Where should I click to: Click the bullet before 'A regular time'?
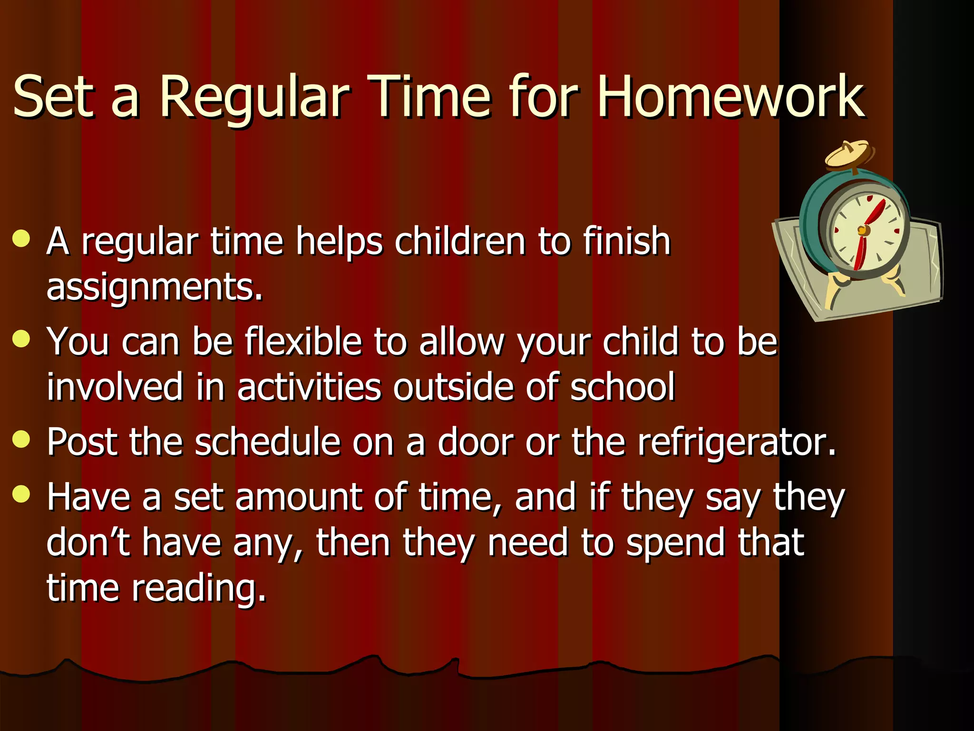(x=21, y=239)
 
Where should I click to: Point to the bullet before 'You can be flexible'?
(x=21, y=339)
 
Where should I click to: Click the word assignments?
(x=155, y=288)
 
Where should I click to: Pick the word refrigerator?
(x=736, y=443)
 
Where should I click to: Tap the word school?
(x=622, y=386)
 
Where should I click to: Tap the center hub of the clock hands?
(x=862, y=231)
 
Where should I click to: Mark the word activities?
(x=309, y=386)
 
